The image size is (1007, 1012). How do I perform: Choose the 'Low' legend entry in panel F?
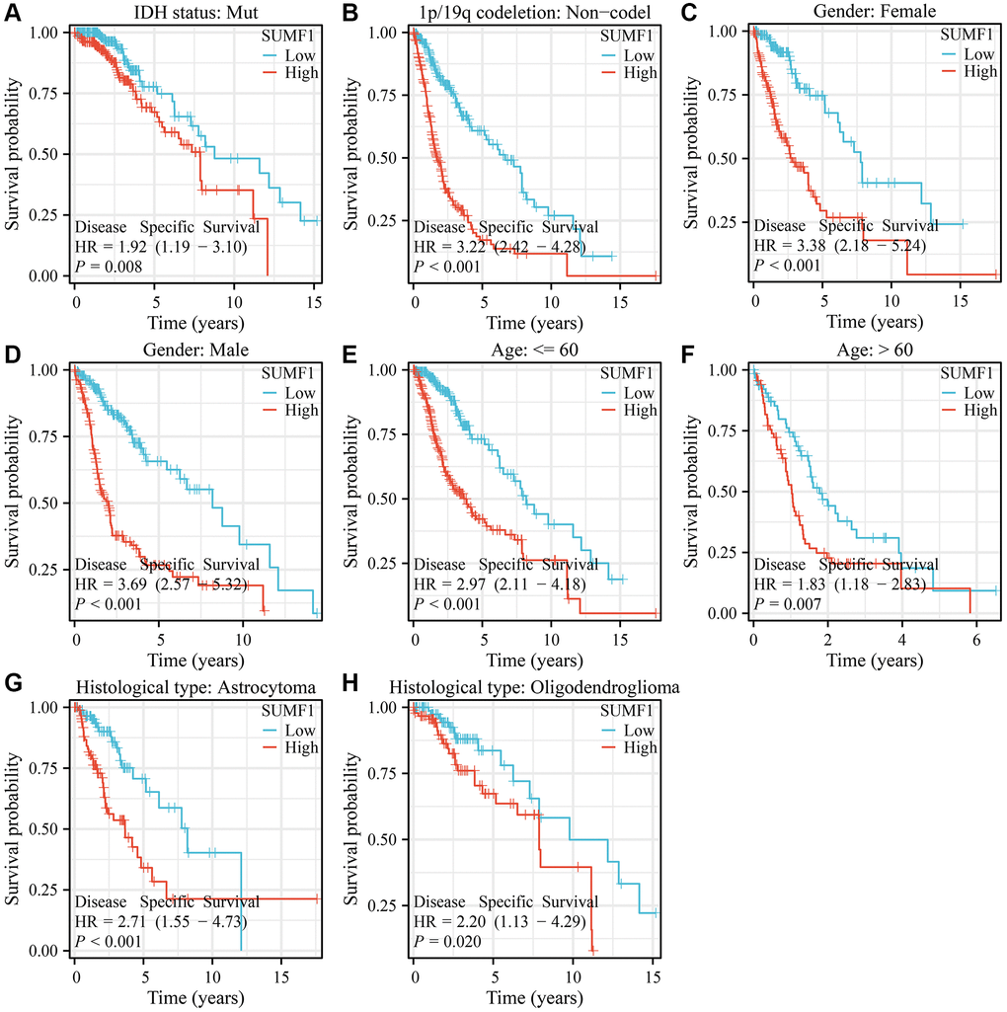pos(981,392)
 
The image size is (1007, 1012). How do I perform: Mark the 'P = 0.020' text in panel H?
pos(446,941)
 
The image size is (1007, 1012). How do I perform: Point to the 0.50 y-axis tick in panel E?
pos(386,499)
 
